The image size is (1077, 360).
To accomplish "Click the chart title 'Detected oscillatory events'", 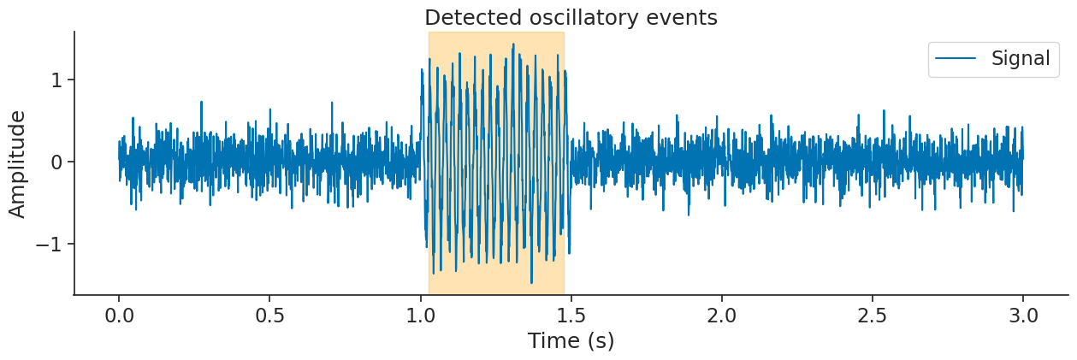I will (571, 17).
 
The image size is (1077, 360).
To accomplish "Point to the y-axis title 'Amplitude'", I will (17, 163).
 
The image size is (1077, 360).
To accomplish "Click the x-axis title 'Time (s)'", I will (571, 340).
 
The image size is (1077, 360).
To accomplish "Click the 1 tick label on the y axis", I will (57, 80).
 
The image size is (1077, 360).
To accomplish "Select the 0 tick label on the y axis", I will (57, 162).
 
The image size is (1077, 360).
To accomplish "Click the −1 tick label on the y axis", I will (50, 244).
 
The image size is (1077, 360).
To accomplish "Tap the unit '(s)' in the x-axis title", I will (601, 340).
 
